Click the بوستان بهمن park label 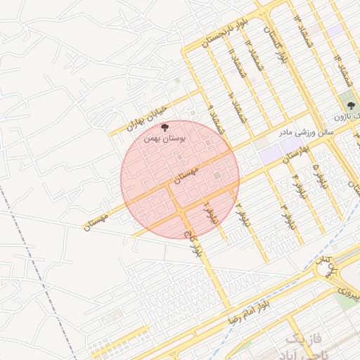pyautogui.click(x=165, y=139)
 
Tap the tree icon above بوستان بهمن pyautogui.click(x=165, y=127)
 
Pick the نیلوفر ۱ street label pyautogui.click(x=207, y=212)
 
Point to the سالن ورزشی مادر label pyautogui.click(x=307, y=131)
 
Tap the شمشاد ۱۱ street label pyautogui.click(x=232, y=62)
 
